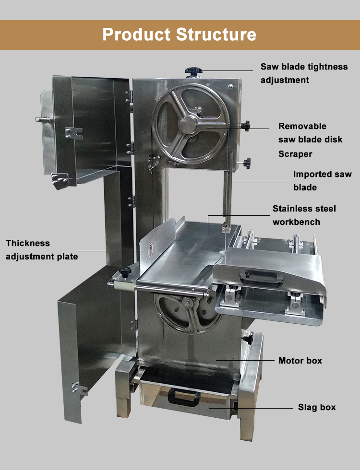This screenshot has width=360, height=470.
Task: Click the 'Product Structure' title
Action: [180, 34]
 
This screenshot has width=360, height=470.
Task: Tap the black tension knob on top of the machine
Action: [193, 71]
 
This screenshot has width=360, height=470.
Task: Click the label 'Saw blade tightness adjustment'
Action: [304, 73]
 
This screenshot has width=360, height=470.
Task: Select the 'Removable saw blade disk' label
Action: [310, 132]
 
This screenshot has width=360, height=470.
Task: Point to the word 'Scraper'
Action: [295, 154]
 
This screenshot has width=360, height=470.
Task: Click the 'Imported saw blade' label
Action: [322, 180]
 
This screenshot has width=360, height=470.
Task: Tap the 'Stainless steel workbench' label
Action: [304, 215]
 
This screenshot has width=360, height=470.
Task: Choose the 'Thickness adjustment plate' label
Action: [42, 250]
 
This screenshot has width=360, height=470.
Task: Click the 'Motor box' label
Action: [300, 360]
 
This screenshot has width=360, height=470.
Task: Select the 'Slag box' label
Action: [317, 407]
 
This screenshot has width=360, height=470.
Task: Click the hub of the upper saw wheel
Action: [188, 124]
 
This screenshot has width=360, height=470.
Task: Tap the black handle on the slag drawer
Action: [184, 397]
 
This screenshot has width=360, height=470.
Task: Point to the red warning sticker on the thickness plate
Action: [151, 250]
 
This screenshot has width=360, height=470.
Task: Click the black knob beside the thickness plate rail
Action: [125, 272]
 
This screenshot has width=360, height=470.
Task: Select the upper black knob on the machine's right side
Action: [246, 125]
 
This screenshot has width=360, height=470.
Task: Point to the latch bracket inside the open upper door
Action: [73, 133]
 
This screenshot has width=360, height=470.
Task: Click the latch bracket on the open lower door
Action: [79, 389]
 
